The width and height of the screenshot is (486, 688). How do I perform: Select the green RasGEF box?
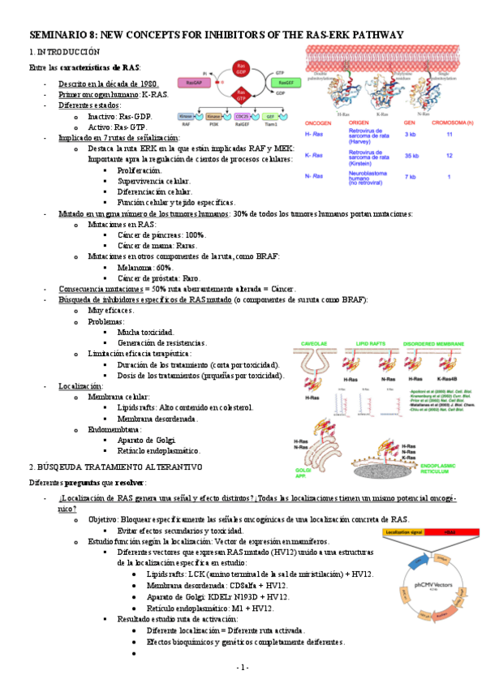coord(284,82)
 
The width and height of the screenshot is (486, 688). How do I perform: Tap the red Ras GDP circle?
coord(240,67)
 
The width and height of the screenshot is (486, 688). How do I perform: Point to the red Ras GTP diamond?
coord(240,96)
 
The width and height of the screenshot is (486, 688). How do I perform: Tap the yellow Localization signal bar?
coord(415,531)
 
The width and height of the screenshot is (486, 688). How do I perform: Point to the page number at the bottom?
coord(243,667)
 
